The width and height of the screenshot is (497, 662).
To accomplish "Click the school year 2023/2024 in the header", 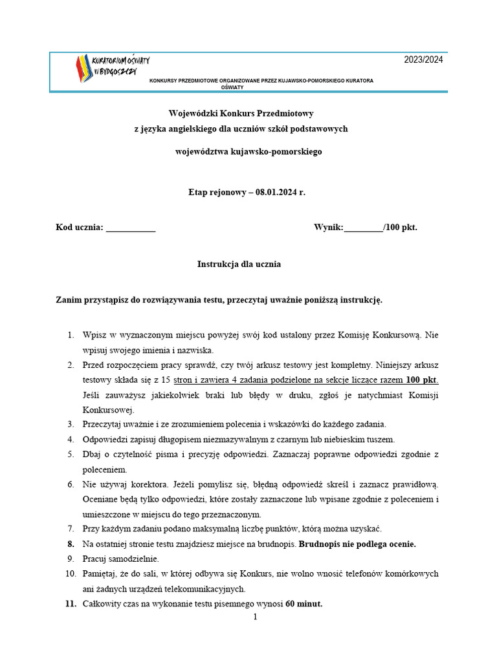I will tap(423, 60).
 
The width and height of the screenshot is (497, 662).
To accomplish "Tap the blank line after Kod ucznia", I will tap(130, 228).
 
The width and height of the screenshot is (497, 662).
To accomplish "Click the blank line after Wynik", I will tap(364, 228).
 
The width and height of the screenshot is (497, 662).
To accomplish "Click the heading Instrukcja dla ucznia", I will tap(239, 264).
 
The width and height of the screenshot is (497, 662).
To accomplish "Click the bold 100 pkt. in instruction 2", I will tap(422, 379).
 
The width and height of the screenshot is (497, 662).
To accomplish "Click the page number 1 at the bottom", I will tap(255, 617).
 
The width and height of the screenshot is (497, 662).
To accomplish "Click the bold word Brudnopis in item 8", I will tap(320, 544).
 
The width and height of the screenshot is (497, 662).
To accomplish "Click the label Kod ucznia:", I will tap(80, 228).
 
